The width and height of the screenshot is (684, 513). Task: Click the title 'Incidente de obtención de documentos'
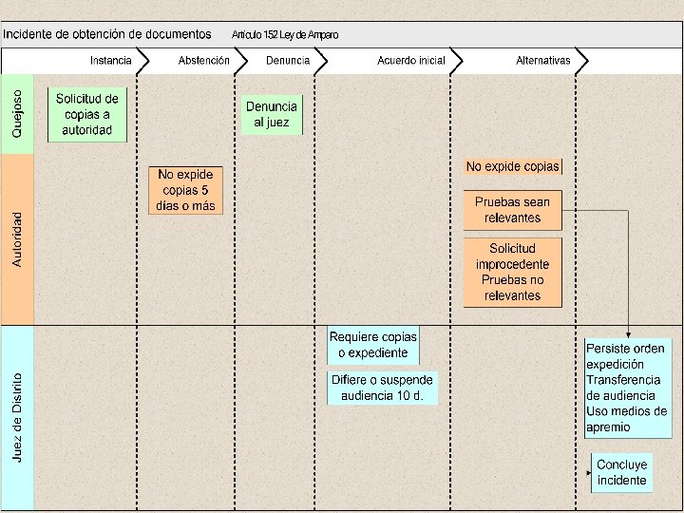pyautogui.click(x=107, y=34)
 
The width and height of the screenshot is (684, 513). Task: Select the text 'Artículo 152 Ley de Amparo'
pyautogui.click(x=285, y=35)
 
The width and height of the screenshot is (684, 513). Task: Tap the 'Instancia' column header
pyautogui.click(x=111, y=61)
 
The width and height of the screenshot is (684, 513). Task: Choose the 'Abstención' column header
pyautogui.click(x=204, y=61)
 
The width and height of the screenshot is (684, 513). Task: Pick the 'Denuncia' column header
pyautogui.click(x=288, y=61)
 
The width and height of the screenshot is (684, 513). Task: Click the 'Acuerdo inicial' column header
pyautogui.click(x=410, y=61)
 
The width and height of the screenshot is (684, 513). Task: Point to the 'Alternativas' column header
pyautogui.click(x=543, y=61)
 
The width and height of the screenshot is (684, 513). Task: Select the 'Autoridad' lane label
pyautogui.click(x=18, y=237)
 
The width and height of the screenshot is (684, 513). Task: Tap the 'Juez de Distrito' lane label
pyautogui.click(x=18, y=417)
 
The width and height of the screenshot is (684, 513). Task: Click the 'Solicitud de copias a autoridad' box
pyautogui.click(x=87, y=114)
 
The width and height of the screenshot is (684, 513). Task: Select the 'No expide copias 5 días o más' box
pyautogui.click(x=185, y=190)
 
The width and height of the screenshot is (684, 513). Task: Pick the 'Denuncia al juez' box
pyautogui.click(x=272, y=115)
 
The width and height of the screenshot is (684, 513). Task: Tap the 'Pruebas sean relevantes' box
pyautogui.click(x=513, y=210)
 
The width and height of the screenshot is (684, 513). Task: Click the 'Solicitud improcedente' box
pyautogui.click(x=513, y=272)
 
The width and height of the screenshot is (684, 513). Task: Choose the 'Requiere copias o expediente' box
pyautogui.click(x=373, y=345)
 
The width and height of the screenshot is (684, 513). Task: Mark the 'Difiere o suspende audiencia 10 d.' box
pyautogui.click(x=382, y=388)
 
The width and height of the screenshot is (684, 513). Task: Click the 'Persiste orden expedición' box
pyautogui.click(x=627, y=387)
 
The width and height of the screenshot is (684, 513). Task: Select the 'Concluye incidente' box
pyautogui.click(x=622, y=472)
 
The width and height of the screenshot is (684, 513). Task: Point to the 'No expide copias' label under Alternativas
pyautogui.click(x=513, y=166)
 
